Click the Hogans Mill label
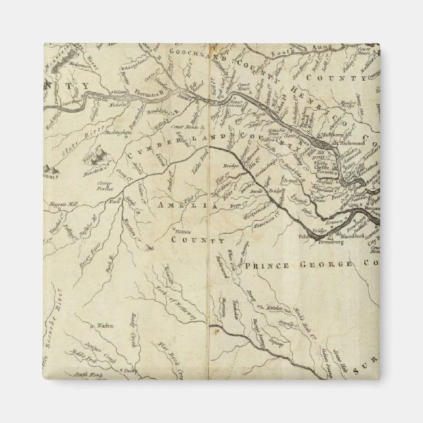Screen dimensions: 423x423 [64, 206]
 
